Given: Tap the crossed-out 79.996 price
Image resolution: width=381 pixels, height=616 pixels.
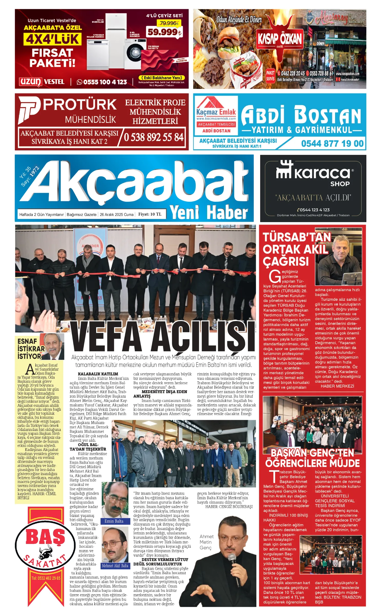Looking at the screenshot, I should click(168, 23).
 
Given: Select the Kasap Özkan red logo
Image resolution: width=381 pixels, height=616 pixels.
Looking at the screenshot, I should click(280, 39).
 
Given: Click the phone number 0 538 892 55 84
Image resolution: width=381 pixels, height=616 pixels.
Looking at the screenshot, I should click(154, 137).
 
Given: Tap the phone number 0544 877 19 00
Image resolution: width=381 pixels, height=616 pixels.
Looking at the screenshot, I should click(332, 143).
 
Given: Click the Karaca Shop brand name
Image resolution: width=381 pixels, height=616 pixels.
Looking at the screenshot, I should click(322, 173).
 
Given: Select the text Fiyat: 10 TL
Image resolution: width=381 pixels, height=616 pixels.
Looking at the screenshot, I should click(150, 214).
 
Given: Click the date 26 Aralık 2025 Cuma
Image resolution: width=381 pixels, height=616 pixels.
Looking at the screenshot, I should click(117, 215).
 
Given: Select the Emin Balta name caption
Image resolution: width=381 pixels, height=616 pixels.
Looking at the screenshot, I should click(114, 521).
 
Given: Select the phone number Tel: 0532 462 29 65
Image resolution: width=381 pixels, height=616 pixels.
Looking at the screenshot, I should click(46, 583).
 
